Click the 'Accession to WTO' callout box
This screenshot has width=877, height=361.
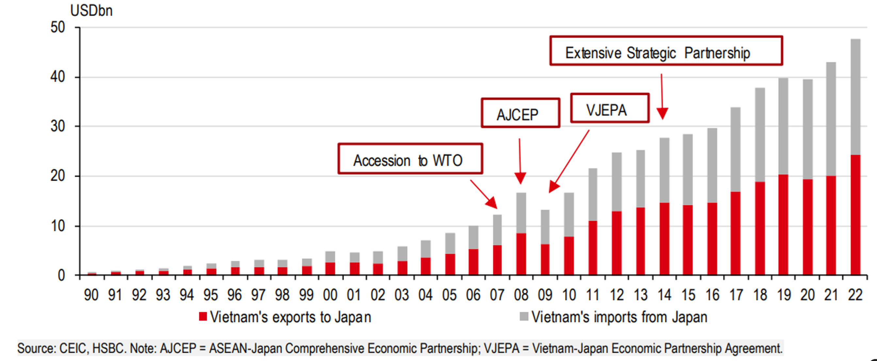point(410,159)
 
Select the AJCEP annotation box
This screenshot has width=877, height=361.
point(520,113)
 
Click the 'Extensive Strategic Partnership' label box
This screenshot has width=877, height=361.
point(666,51)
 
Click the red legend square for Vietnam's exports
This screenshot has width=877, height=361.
point(203,316)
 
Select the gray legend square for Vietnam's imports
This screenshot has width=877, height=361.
point(524,316)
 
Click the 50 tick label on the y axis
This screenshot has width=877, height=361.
point(58,27)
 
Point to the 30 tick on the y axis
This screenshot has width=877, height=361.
point(58,127)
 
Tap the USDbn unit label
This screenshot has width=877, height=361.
point(91,11)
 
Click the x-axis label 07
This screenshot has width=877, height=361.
point(497,295)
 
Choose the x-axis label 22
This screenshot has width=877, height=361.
point(855,295)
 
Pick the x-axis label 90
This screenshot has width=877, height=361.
point(91,295)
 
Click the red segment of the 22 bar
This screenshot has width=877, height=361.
point(855,215)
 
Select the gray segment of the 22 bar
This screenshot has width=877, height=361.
point(855,97)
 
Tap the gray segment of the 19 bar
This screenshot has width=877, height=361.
point(783,126)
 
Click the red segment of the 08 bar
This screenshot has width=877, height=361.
point(521,254)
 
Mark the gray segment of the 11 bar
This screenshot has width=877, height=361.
point(593,194)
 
